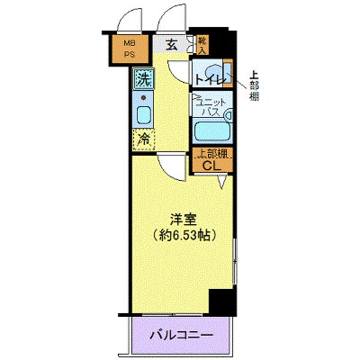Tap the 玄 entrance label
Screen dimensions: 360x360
pos(170,45)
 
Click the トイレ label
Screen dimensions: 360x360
pos(207,79)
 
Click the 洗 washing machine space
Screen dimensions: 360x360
pos(143,78)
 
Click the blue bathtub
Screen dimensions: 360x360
pos(212,130)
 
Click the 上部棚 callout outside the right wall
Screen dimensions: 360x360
pos(254,84)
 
